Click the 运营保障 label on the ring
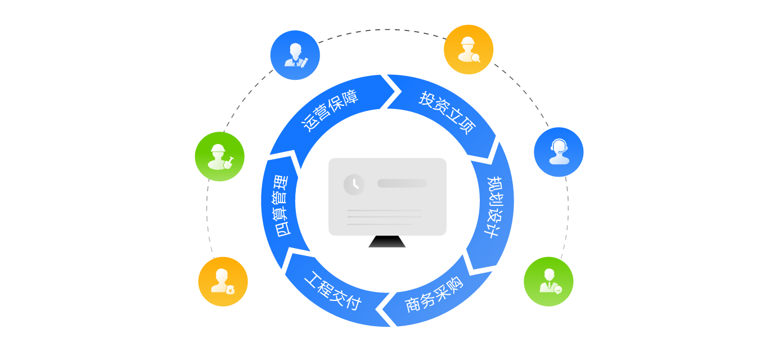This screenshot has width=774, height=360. point(330,110)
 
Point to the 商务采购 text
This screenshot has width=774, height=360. point(434,294)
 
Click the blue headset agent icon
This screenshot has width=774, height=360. point(559,152)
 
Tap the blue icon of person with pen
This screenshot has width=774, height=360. point(295,55)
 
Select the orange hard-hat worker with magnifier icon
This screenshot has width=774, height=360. point(469,49)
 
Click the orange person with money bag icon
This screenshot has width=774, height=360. point(223,281)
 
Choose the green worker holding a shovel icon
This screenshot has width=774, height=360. point(219,156)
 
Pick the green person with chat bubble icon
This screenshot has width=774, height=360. point(548,281)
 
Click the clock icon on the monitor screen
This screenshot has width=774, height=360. point(354,184)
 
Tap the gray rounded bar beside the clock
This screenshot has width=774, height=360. point(402,183)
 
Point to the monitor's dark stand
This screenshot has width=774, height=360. point(387,242)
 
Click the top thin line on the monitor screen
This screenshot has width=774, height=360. point(384,210)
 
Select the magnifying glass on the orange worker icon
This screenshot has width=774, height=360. point(476,57)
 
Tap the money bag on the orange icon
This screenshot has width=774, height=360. point(230,290)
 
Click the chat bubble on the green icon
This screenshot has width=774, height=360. point(558,290)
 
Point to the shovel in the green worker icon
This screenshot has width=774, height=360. point(229,161)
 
